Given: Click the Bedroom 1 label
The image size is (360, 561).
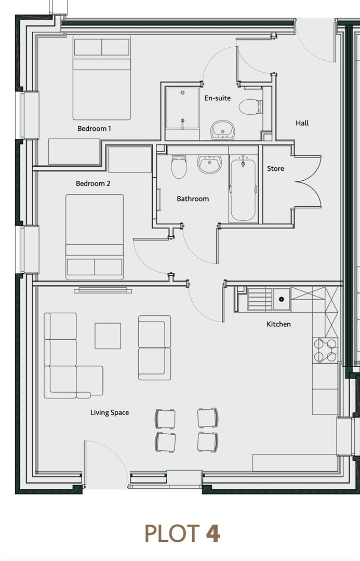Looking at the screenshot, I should [x=94, y=128].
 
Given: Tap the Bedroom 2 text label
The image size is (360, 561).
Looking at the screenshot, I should [x=93, y=183].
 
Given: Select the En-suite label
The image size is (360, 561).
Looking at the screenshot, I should [x=217, y=98].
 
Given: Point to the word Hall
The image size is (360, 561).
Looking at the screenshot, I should [x=302, y=123].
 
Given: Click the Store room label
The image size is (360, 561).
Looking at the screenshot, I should [x=275, y=168].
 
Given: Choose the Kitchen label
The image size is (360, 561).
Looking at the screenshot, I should [x=278, y=324].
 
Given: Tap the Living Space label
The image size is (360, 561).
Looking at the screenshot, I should [x=110, y=412].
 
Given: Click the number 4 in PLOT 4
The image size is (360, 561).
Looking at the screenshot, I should [x=212, y=533].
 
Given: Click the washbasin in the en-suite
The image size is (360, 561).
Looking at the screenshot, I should [x=222, y=129].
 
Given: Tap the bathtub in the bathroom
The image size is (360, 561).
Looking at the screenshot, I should [x=243, y=190].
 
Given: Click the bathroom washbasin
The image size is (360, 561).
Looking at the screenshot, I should [x=209, y=164].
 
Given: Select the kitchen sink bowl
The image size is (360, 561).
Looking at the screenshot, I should [x=281, y=299].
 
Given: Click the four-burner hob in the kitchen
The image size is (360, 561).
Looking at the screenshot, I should [x=325, y=350].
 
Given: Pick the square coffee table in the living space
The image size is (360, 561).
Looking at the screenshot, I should [x=108, y=336].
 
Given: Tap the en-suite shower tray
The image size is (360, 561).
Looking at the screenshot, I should [x=182, y=108].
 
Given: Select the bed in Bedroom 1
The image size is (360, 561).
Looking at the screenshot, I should [x=102, y=78].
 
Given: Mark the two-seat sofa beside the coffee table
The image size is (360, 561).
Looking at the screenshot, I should [x=154, y=348].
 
